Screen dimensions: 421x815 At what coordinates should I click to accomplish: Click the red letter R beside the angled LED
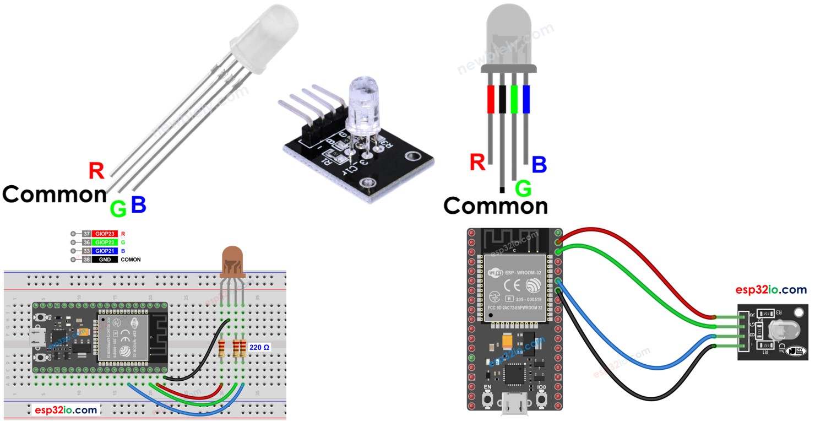tap(96, 171)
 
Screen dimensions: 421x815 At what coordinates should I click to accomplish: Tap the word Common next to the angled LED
tap(54, 195)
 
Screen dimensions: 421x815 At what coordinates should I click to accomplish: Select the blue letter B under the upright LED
tap(539, 164)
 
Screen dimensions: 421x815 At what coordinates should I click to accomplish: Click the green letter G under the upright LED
tap(523, 189)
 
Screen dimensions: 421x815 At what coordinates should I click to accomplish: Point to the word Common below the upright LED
tap(496, 206)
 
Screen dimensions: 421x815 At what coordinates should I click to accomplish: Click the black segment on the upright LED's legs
tap(502, 99)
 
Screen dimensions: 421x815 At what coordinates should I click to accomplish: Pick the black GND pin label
tap(105, 259)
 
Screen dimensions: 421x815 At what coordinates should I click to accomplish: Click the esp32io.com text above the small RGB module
tap(771, 290)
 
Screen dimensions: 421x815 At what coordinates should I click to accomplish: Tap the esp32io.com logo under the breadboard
tap(66, 410)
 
